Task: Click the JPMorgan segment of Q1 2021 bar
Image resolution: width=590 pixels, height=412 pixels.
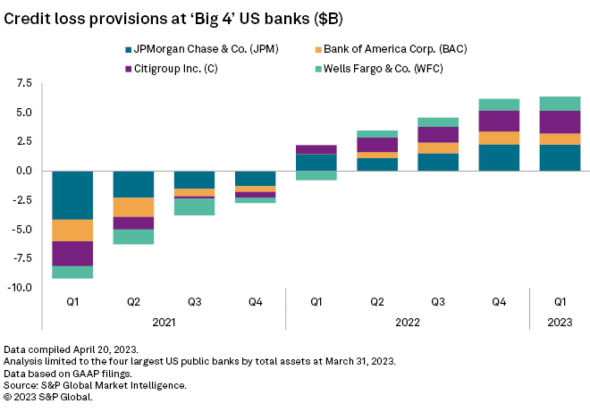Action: [73, 195]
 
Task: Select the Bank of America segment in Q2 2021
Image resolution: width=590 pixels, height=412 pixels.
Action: [134, 207]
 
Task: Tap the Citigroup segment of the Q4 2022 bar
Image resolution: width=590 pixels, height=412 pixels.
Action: [499, 121]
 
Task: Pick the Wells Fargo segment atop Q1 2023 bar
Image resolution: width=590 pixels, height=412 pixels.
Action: [560, 104]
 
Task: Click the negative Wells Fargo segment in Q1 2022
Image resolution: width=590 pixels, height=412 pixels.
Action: [316, 175]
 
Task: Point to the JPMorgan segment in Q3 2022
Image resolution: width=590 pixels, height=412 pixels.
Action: [438, 162]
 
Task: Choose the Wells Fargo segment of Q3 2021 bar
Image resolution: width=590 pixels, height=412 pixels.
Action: [195, 206]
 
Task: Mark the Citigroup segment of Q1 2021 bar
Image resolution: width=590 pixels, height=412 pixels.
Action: [73, 254]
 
